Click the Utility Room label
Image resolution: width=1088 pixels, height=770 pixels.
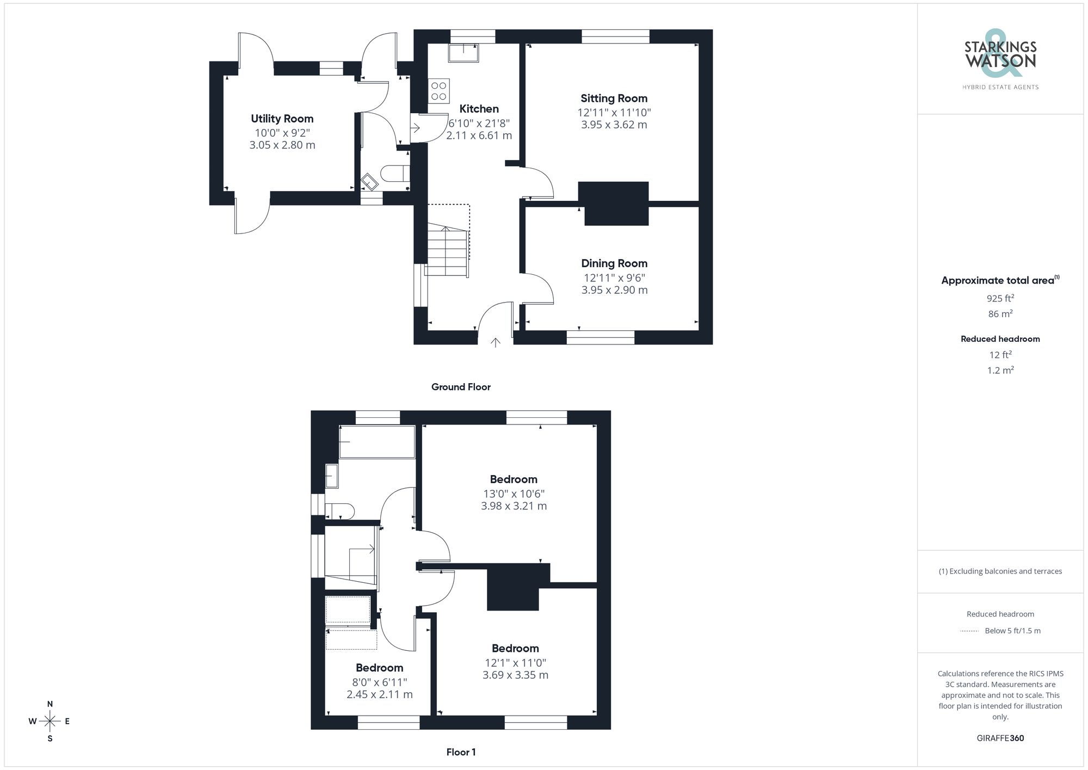tap(282, 119)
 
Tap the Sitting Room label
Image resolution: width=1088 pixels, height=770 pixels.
tap(614, 98)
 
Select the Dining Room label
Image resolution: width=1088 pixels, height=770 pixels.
tap(614, 263)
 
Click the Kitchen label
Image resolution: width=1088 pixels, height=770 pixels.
tap(479, 109)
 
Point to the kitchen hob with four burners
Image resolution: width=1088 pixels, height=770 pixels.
tap(439, 91)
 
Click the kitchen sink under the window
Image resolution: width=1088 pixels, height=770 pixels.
tap(463, 53)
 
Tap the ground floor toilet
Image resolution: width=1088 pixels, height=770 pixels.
tap(394, 173)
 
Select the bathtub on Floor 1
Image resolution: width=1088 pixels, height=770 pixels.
tap(377, 442)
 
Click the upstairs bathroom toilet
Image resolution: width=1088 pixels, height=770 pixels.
tap(340, 512)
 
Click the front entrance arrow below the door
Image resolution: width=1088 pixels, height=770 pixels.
tap(495, 343)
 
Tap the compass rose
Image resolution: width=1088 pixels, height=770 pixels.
tap(50, 722)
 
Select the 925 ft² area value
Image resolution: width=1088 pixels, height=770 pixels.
tap(1000, 298)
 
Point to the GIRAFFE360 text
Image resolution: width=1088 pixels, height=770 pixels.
tap(1000, 738)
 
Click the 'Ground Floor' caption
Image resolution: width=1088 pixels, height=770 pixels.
tap(461, 387)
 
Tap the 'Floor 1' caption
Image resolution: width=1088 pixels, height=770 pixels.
tap(461, 752)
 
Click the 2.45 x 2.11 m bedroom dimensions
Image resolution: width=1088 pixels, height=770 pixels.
tap(379, 694)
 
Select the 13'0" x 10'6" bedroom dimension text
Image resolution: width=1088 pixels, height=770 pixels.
tap(514, 494)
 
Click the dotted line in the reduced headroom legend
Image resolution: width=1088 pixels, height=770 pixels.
tap(969, 631)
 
